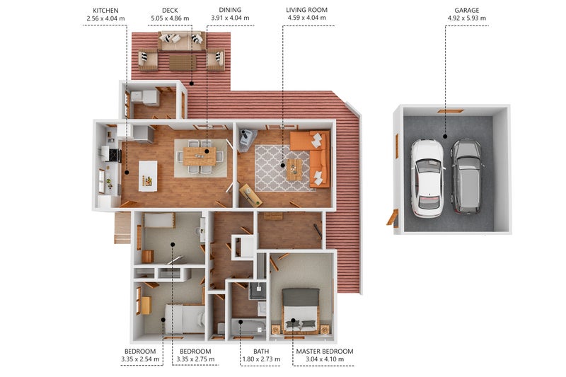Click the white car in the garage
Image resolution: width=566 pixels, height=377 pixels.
coord(428,178)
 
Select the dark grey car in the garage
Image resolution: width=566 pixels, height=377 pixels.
coord(468,176)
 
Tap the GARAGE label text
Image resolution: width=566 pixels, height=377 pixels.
coord(467,11)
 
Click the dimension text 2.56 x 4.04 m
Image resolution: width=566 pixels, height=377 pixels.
coord(105,18)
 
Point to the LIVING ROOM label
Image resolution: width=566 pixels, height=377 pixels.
coord(307,10)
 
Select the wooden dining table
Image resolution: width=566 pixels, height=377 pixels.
coord(200,156)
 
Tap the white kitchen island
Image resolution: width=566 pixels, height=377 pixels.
coord(148,176)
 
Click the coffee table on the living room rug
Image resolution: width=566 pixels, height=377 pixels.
coord(294,170)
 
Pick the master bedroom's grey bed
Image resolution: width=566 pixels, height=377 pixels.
coord(300,311)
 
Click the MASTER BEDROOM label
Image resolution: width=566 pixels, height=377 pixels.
coord(325,352)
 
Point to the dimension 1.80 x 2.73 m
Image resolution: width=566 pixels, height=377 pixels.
coord(261,359)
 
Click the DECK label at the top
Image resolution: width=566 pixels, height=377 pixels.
coord(170,11)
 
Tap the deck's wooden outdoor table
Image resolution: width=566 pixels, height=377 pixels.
coord(183,62)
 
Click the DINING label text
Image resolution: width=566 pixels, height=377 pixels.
coord(230,10)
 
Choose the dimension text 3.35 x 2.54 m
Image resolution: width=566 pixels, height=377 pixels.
coord(140,359)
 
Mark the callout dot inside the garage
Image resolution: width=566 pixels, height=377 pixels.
coord(445,137)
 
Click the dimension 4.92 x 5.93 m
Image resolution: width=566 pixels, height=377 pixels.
coord(467,18)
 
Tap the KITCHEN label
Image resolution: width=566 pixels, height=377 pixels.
coord(105,11)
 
